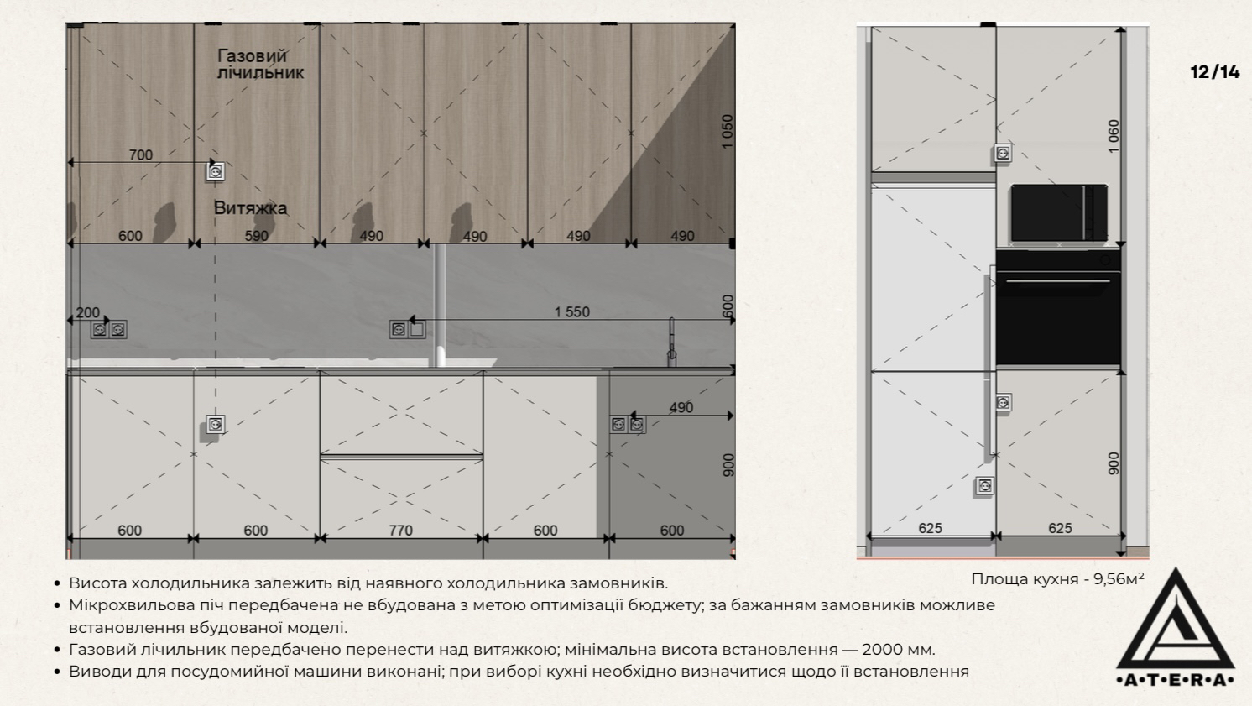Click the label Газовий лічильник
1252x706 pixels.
point(260,64)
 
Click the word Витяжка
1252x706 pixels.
point(250,208)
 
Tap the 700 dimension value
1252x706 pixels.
point(141,154)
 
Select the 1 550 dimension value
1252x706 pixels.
point(571,312)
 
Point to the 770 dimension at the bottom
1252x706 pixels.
point(401,530)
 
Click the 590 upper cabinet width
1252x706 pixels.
point(257,236)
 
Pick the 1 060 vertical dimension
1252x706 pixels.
point(1114,136)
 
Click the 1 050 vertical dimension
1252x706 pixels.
point(727,131)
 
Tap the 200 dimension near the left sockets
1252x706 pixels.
point(88,312)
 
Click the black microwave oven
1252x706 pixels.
point(1059,213)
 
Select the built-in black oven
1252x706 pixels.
point(1058,308)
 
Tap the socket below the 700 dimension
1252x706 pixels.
point(216,171)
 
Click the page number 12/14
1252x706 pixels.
point(1214,72)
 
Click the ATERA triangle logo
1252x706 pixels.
point(1176,628)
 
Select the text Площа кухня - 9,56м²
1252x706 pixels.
point(1057,578)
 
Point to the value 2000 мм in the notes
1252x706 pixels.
point(898,650)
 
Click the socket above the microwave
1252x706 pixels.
point(1003,153)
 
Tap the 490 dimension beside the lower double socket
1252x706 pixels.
point(681,407)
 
